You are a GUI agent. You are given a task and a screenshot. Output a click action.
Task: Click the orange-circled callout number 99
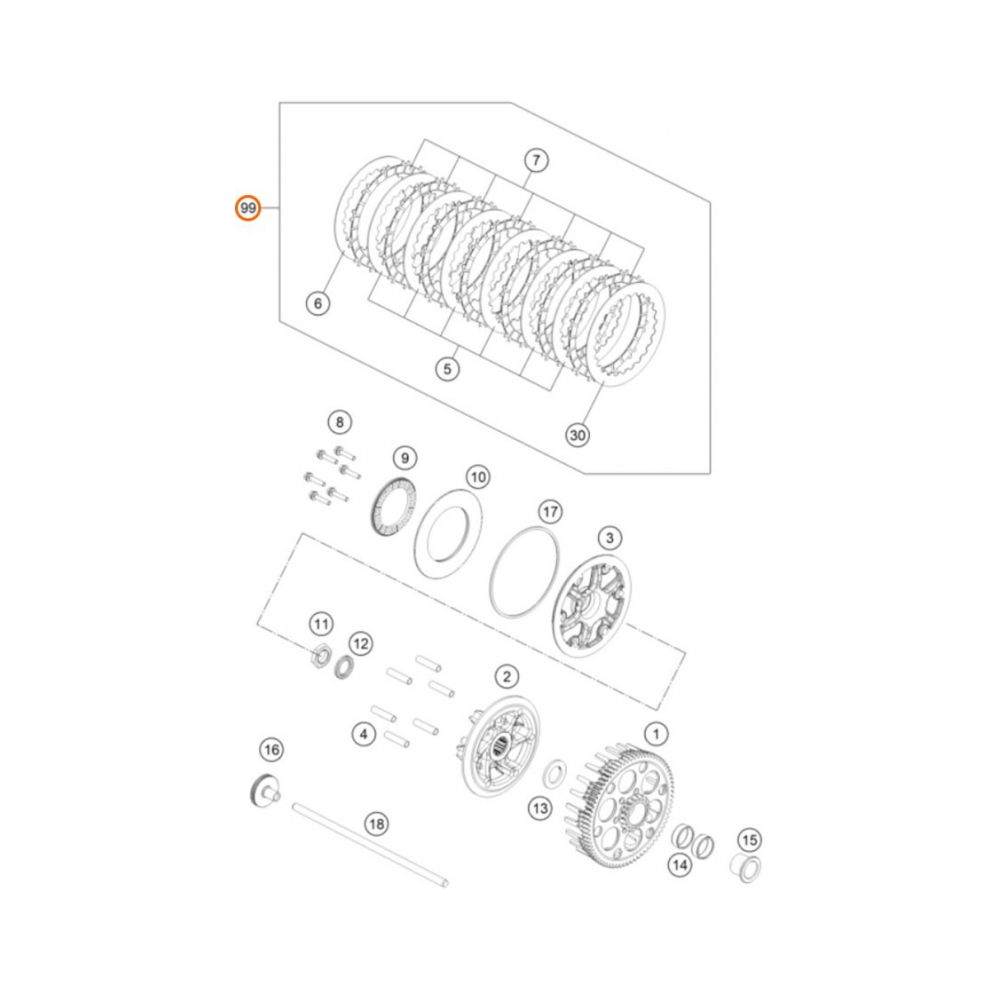pos(247,209)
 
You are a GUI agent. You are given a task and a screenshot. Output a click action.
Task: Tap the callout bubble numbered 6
pos(317,303)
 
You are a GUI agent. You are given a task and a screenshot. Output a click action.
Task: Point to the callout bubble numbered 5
pos(447,369)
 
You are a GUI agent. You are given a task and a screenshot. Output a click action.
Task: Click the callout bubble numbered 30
pos(577,435)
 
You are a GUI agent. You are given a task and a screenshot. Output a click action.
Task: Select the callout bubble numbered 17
pos(549,511)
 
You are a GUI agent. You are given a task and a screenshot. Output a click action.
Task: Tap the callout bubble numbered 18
pos(375,825)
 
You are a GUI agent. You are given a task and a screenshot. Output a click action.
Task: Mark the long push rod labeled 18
pos(370,845)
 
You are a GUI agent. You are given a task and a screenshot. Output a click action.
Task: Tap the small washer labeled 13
pos(553,774)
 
